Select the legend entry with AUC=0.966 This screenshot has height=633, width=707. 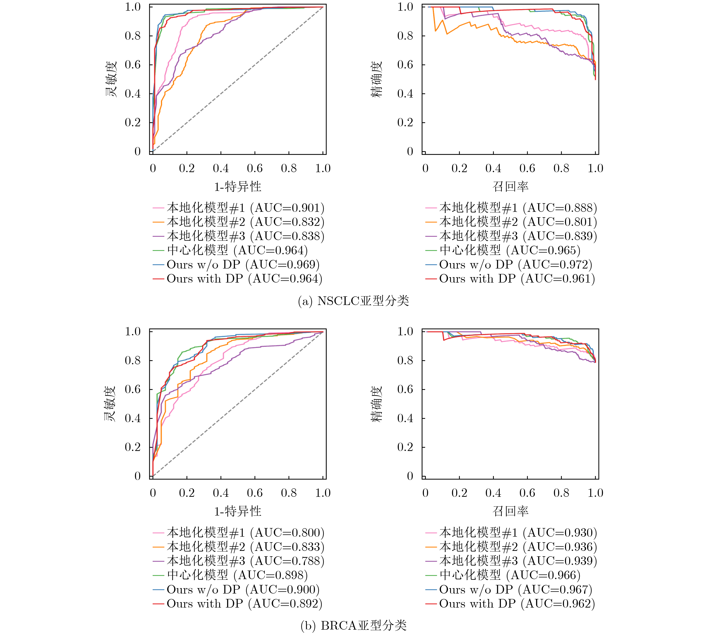[x=503, y=575]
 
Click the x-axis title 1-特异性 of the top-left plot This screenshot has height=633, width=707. [x=238, y=187]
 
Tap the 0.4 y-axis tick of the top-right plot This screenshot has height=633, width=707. [x=405, y=94]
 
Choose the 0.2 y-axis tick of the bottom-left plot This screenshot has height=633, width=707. [x=133, y=447]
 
